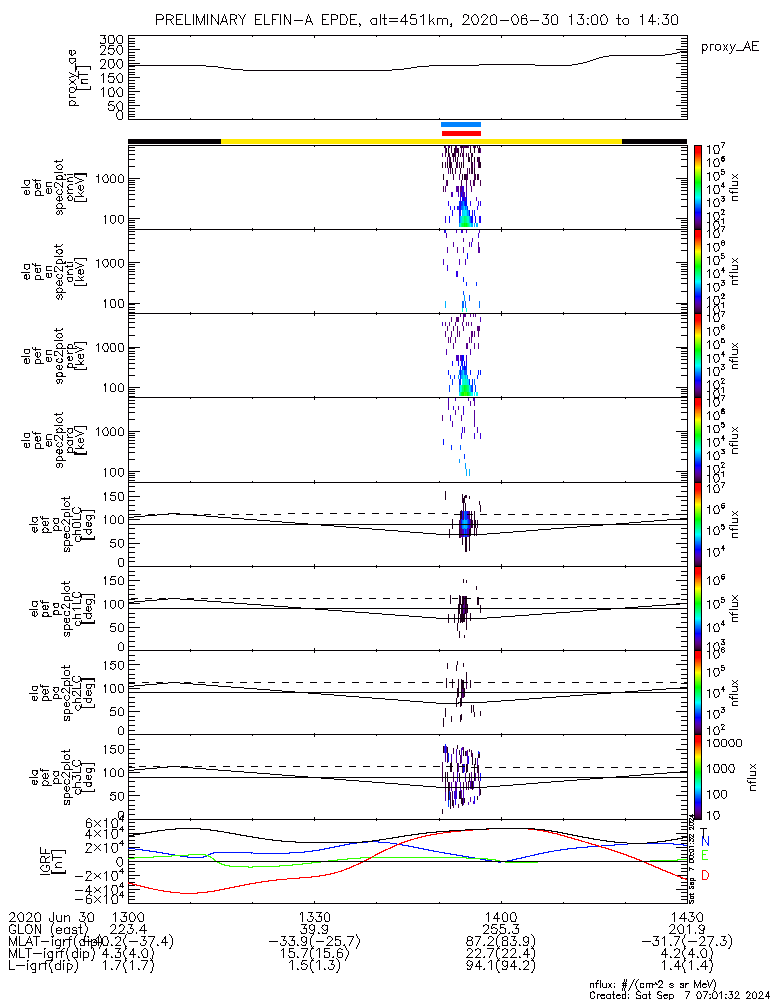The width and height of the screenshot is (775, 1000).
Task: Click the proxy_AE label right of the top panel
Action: tap(730, 47)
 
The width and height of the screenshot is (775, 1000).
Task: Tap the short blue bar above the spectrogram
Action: tap(461, 125)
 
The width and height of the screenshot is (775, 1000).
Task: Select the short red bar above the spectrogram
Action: tap(461, 132)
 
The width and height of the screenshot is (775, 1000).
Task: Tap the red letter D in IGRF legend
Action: tap(705, 876)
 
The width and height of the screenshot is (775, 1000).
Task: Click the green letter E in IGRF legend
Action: tap(705, 855)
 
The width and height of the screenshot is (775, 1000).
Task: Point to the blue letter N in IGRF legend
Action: tap(705, 841)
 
